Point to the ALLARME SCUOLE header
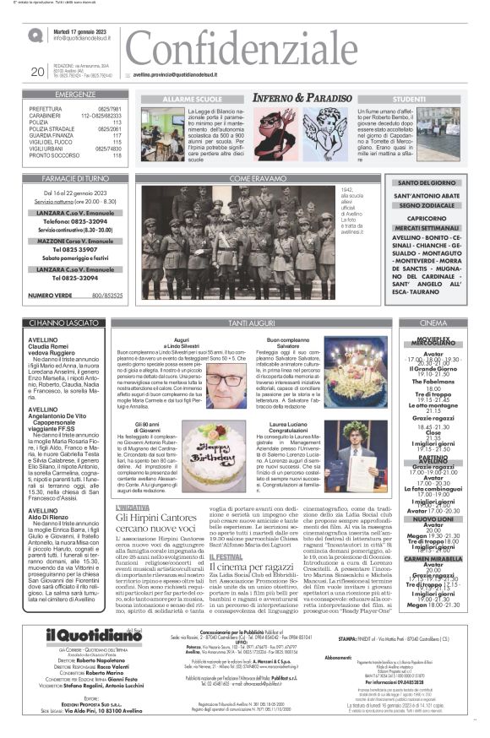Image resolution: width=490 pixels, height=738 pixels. point(187,98)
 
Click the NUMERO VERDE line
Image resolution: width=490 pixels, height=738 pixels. point(76,296)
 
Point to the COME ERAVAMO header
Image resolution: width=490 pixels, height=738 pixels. point(253,179)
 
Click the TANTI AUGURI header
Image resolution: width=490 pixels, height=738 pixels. point(253,323)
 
